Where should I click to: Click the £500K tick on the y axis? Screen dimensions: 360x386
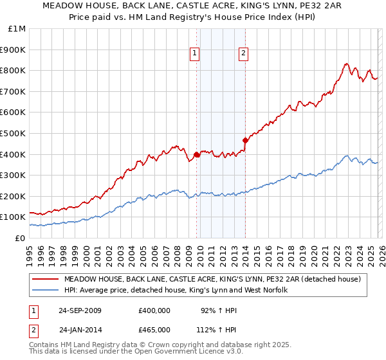[x=14, y=133]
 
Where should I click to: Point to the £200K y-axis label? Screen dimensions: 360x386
[x=14, y=196]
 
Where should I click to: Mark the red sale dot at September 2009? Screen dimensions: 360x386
[x=196, y=154]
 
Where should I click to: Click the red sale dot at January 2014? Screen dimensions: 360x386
[x=245, y=140]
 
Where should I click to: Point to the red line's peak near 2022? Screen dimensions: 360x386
[x=346, y=64]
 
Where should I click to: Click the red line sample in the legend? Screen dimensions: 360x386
[x=45, y=279]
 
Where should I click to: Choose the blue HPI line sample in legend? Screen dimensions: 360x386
[x=45, y=291]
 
